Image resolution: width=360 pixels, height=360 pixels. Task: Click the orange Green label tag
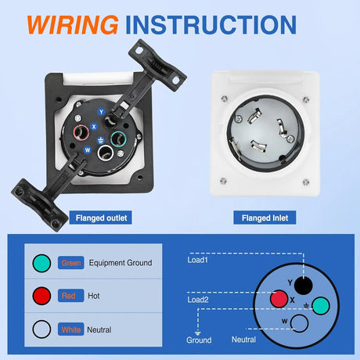[70, 264]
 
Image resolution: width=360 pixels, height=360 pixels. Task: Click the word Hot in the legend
[94, 295]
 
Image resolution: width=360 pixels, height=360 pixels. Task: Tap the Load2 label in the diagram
[197, 298]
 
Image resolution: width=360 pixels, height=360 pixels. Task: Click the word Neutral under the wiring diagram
[243, 339]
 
